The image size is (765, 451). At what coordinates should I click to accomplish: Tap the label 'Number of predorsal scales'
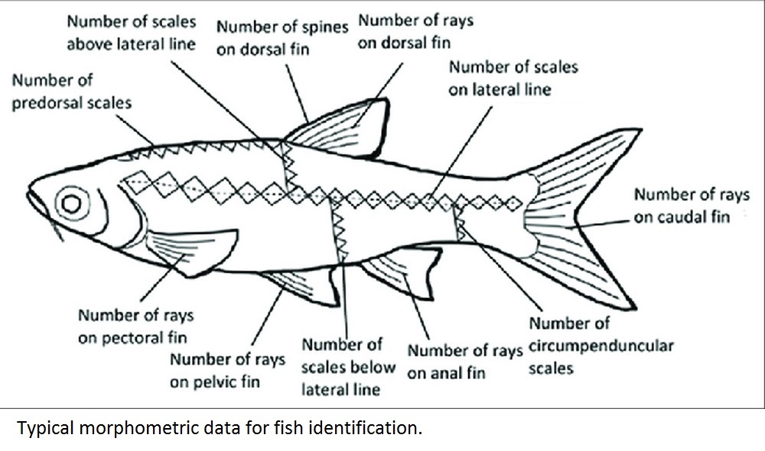pos(71,91)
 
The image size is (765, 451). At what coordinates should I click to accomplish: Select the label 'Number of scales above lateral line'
pos(130,33)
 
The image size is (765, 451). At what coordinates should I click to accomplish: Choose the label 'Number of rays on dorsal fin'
pos(416,31)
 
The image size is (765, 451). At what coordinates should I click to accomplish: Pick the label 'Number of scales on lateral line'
pos(513,78)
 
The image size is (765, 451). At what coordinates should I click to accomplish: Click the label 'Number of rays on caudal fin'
pos(692,206)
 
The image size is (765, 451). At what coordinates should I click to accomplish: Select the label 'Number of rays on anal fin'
pos(464,362)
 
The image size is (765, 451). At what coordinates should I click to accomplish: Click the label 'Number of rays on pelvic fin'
pos(227,370)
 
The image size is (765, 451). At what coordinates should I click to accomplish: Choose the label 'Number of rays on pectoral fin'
pos(135,326)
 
